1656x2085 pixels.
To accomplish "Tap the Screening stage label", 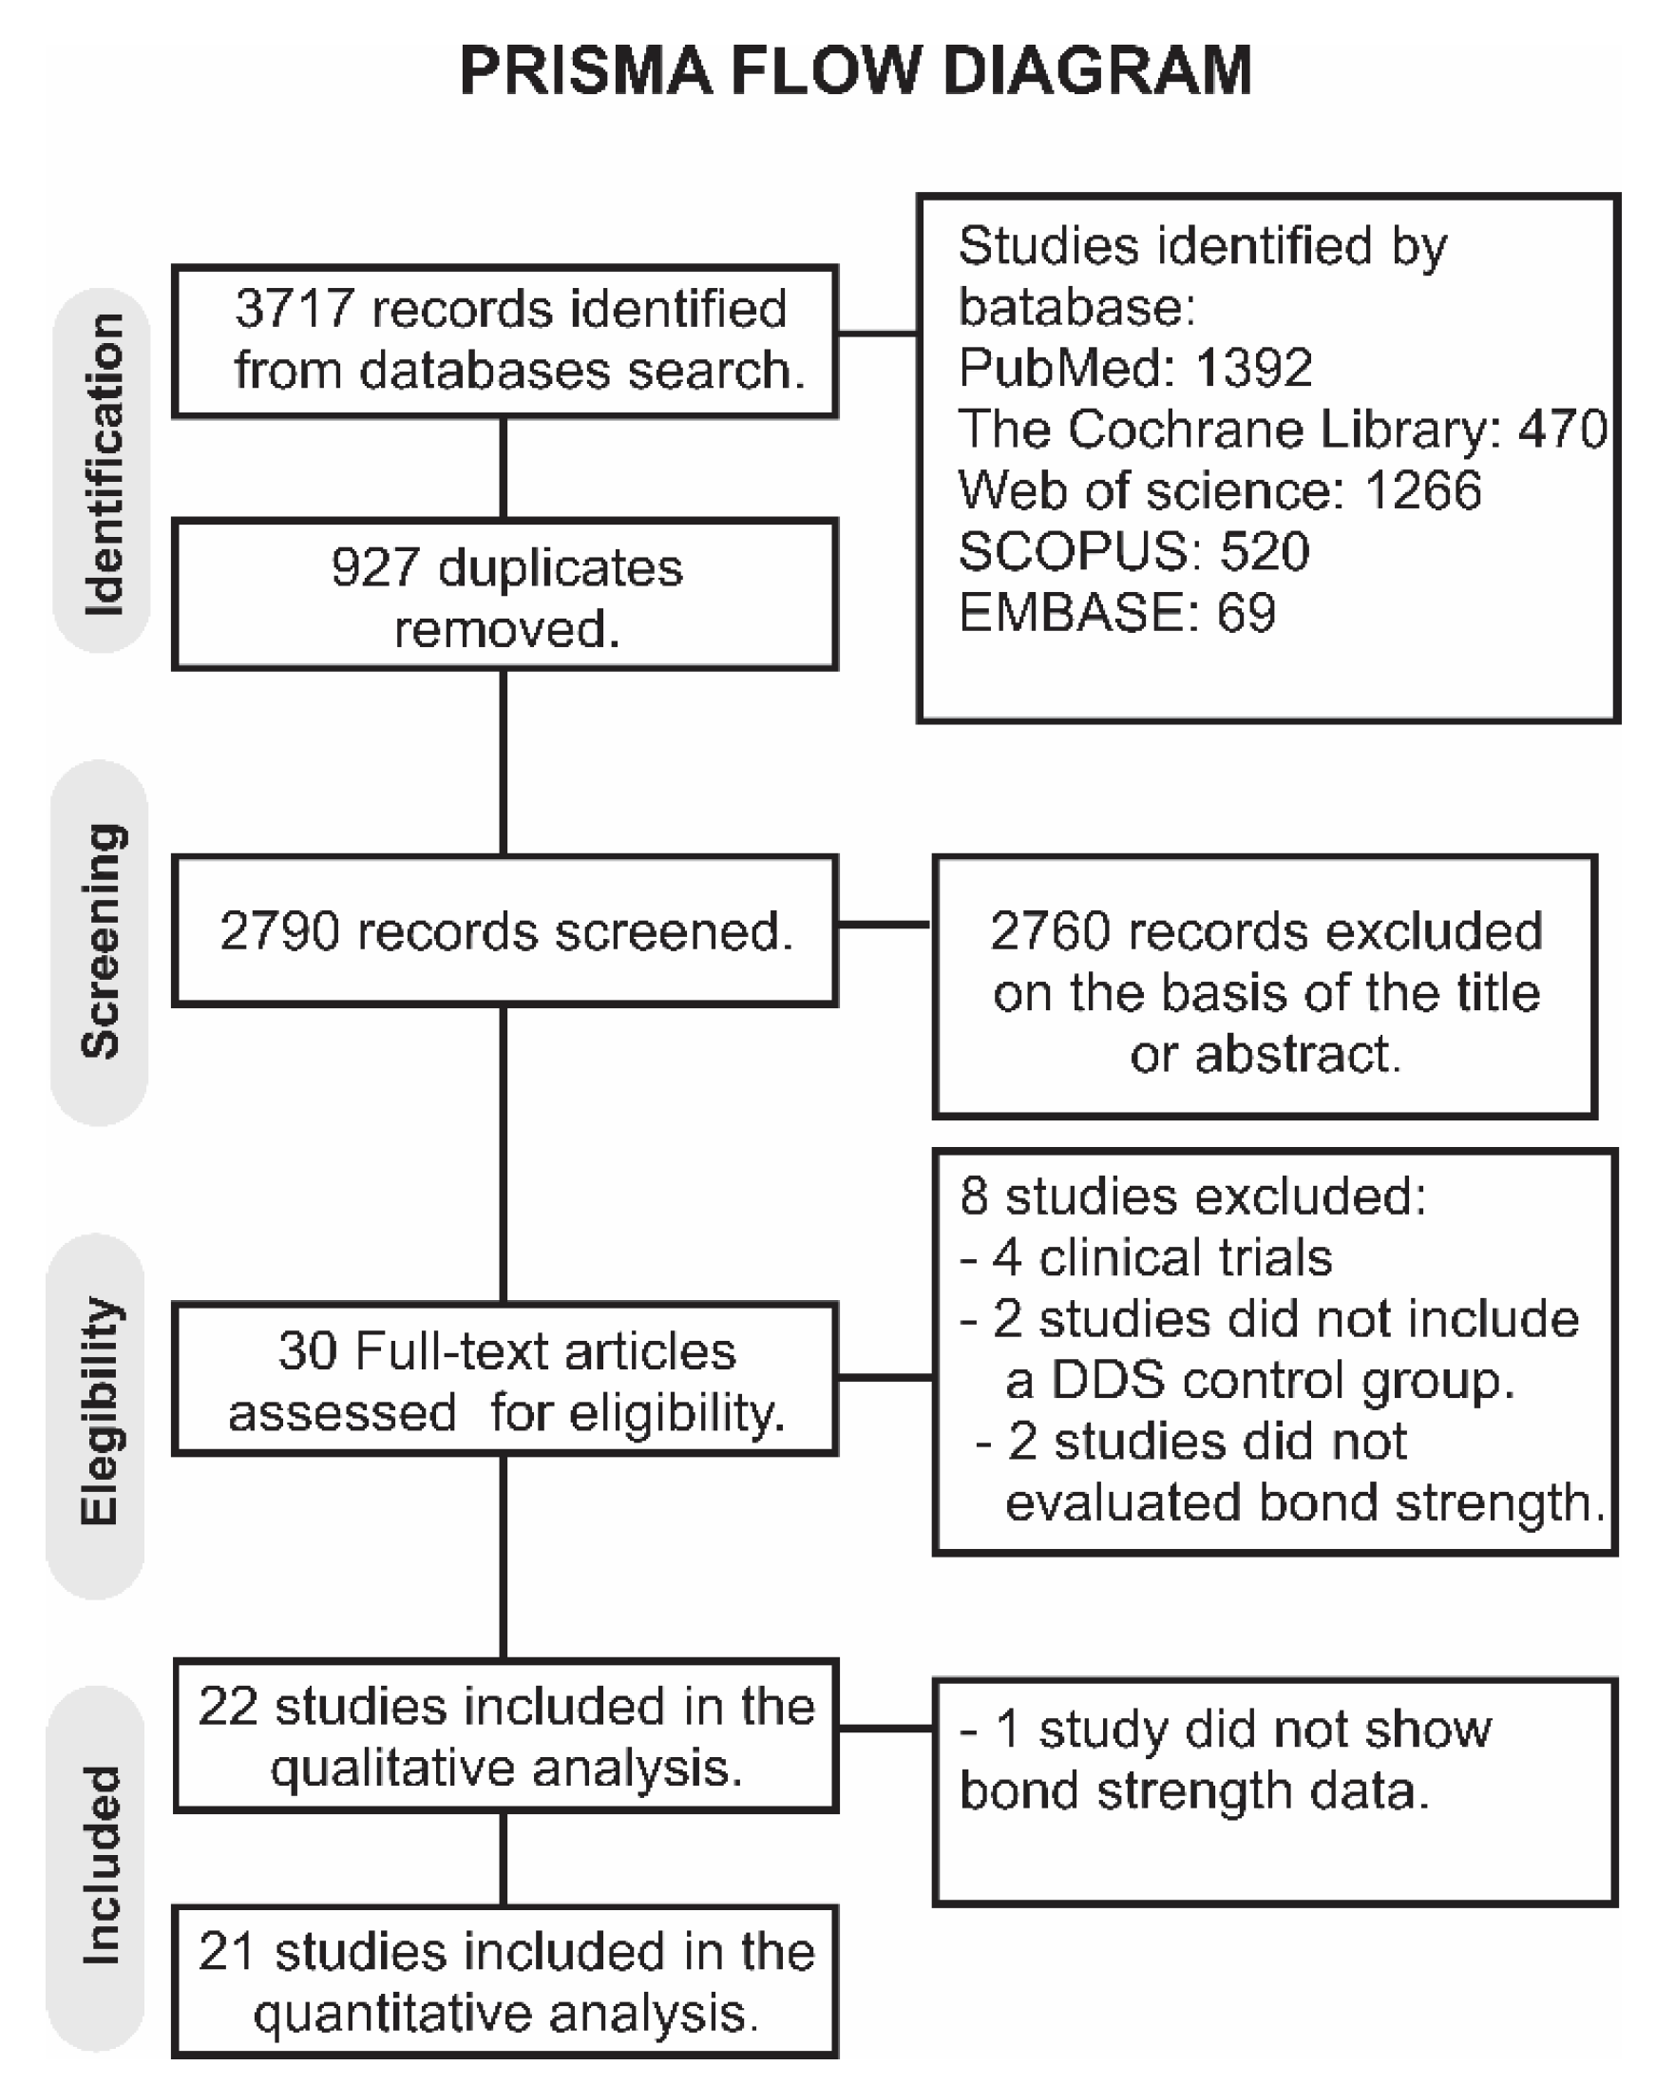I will [x=101, y=940].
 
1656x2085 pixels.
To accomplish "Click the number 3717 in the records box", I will [x=294, y=309].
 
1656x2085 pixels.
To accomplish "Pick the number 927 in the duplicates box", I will [x=375, y=567].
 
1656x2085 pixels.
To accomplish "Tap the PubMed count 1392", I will [x=1253, y=368].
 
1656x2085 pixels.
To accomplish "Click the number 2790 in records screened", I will [x=279, y=931].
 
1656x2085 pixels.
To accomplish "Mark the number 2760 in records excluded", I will [x=1050, y=931].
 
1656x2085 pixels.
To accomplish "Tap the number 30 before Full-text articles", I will [x=308, y=1351].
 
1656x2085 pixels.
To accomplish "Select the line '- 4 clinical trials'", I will [x=1147, y=1257].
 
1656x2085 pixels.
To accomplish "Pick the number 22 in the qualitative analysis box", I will [x=228, y=1706].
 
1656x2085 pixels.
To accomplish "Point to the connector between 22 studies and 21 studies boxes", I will [x=504, y=1859].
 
